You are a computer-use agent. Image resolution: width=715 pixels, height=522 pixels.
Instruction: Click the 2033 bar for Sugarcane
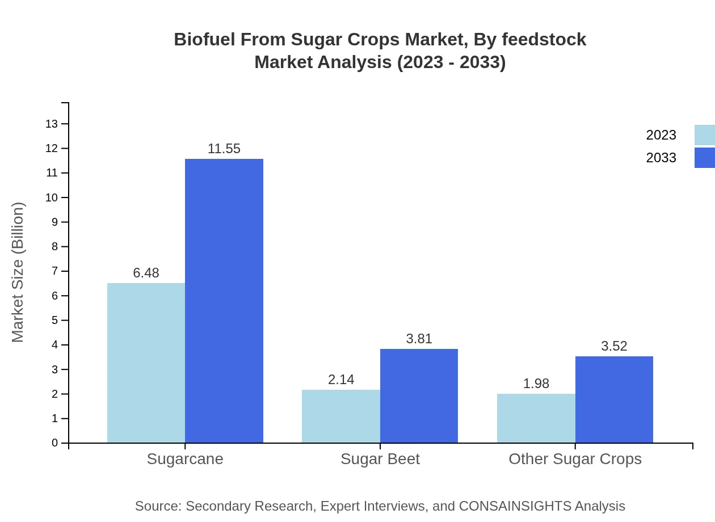point(224,301)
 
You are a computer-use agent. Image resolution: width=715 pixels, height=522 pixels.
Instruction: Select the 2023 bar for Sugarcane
point(146,363)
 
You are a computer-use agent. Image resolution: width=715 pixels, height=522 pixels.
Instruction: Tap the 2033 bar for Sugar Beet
point(419,395)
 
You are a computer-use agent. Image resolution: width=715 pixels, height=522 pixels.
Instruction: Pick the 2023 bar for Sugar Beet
point(341,416)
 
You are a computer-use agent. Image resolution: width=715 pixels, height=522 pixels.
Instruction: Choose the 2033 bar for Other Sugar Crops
point(614,399)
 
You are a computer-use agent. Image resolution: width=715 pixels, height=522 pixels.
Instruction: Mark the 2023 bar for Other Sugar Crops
point(536,418)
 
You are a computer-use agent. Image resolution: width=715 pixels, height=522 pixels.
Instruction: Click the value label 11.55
point(224,149)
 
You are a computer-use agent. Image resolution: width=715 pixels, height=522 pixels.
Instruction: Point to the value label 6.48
point(146,273)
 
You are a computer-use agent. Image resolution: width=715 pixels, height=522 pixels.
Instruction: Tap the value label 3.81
point(419,339)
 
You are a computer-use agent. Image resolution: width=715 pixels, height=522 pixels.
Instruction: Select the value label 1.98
point(536,384)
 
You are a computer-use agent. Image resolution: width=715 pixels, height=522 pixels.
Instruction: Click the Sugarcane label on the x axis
point(185,459)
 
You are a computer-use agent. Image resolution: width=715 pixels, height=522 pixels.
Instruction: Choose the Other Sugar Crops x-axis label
point(575,459)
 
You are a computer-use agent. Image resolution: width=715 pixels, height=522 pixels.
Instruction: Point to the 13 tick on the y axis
point(52,124)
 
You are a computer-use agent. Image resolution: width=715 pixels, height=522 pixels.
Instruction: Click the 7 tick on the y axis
point(55,271)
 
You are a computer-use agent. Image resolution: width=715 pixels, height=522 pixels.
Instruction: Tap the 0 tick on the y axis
point(55,443)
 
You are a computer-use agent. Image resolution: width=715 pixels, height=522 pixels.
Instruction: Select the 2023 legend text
point(661,135)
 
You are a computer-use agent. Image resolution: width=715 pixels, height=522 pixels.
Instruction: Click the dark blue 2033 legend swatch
point(704,158)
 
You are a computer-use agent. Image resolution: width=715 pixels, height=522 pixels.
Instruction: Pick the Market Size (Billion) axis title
point(18,272)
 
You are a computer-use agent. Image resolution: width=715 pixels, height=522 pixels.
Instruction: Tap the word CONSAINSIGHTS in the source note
point(515,506)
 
